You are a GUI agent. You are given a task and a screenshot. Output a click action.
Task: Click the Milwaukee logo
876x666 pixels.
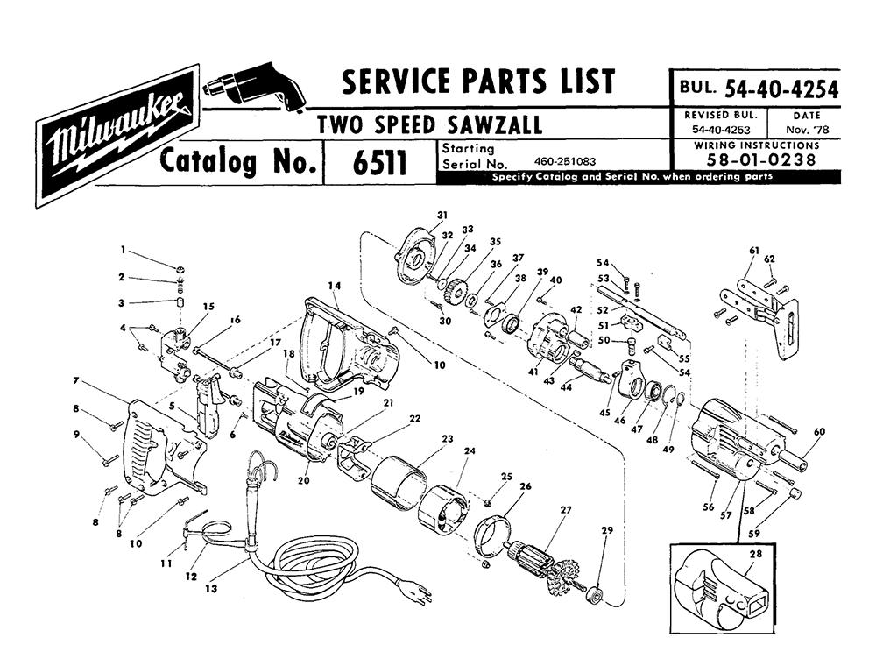tap(118, 137)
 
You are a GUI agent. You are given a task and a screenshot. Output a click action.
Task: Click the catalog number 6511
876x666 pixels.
tap(380, 163)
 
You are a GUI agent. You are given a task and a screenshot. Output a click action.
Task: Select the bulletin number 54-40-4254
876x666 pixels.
tap(781, 89)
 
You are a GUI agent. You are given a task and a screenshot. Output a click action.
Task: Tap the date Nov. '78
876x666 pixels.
tap(807, 131)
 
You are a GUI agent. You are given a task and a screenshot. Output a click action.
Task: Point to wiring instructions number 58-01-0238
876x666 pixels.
tap(761, 160)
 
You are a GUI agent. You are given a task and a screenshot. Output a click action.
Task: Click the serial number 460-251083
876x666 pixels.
tap(565, 162)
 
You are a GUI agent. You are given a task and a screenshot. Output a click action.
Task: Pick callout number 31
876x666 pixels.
tap(442, 215)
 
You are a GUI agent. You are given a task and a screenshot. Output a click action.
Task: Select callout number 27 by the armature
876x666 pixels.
tap(566, 509)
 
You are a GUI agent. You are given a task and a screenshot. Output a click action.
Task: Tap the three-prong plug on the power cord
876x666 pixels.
tap(419, 592)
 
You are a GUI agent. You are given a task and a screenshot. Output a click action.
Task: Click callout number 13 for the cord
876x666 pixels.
tap(210, 589)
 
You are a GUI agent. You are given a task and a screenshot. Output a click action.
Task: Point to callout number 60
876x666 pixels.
tap(819, 431)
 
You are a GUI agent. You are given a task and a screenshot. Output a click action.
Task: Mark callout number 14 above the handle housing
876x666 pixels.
tap(334, 286)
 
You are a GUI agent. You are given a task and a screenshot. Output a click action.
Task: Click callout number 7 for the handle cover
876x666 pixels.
tap(75, 381)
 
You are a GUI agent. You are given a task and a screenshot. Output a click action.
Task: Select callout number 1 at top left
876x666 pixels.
tap(123, 251)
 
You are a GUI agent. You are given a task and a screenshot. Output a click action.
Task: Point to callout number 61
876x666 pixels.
tap(754, 251)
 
